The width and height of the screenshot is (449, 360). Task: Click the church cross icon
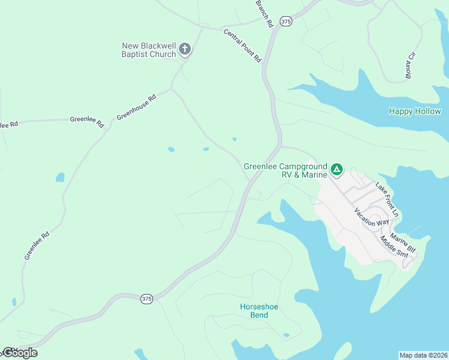pos(185,49)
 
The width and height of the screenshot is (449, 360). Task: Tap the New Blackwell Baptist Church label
pos(149,50)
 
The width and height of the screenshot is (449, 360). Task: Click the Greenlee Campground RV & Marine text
pos(286,170)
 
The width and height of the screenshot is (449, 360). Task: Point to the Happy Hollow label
pos(415,111)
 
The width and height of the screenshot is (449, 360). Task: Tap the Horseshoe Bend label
pos(259,311)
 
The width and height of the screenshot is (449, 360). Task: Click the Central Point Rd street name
pos(243,46)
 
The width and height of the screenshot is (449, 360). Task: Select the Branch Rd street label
pos(264,13)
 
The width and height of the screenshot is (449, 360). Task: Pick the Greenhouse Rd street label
pos(136,107)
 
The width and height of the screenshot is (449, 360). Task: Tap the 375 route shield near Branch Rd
pos(286,21)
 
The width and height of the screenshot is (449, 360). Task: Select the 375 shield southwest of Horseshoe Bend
pos(147,298)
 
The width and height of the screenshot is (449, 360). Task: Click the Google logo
pos(20,353)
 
